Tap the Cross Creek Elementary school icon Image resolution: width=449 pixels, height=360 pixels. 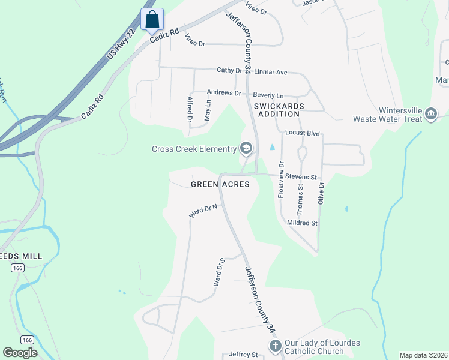pos(246,148)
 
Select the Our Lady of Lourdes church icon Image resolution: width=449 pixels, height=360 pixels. pos(275,346)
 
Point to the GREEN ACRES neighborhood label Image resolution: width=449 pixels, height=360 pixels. pos(220,184)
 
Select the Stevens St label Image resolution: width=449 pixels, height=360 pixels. pos(301,177)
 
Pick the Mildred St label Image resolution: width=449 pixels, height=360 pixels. pos(302,223)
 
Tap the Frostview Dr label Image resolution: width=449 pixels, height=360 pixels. pos(280,180)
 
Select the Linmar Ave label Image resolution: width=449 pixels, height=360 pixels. pos(271,72)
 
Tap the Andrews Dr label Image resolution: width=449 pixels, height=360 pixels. pos(223,93)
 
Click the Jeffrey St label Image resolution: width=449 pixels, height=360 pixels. pos(243,355)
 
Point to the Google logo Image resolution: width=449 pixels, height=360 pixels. pos(20,353)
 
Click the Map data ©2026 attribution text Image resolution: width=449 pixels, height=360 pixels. pos(423,355)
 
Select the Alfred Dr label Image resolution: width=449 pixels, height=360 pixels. pos(190,110)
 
